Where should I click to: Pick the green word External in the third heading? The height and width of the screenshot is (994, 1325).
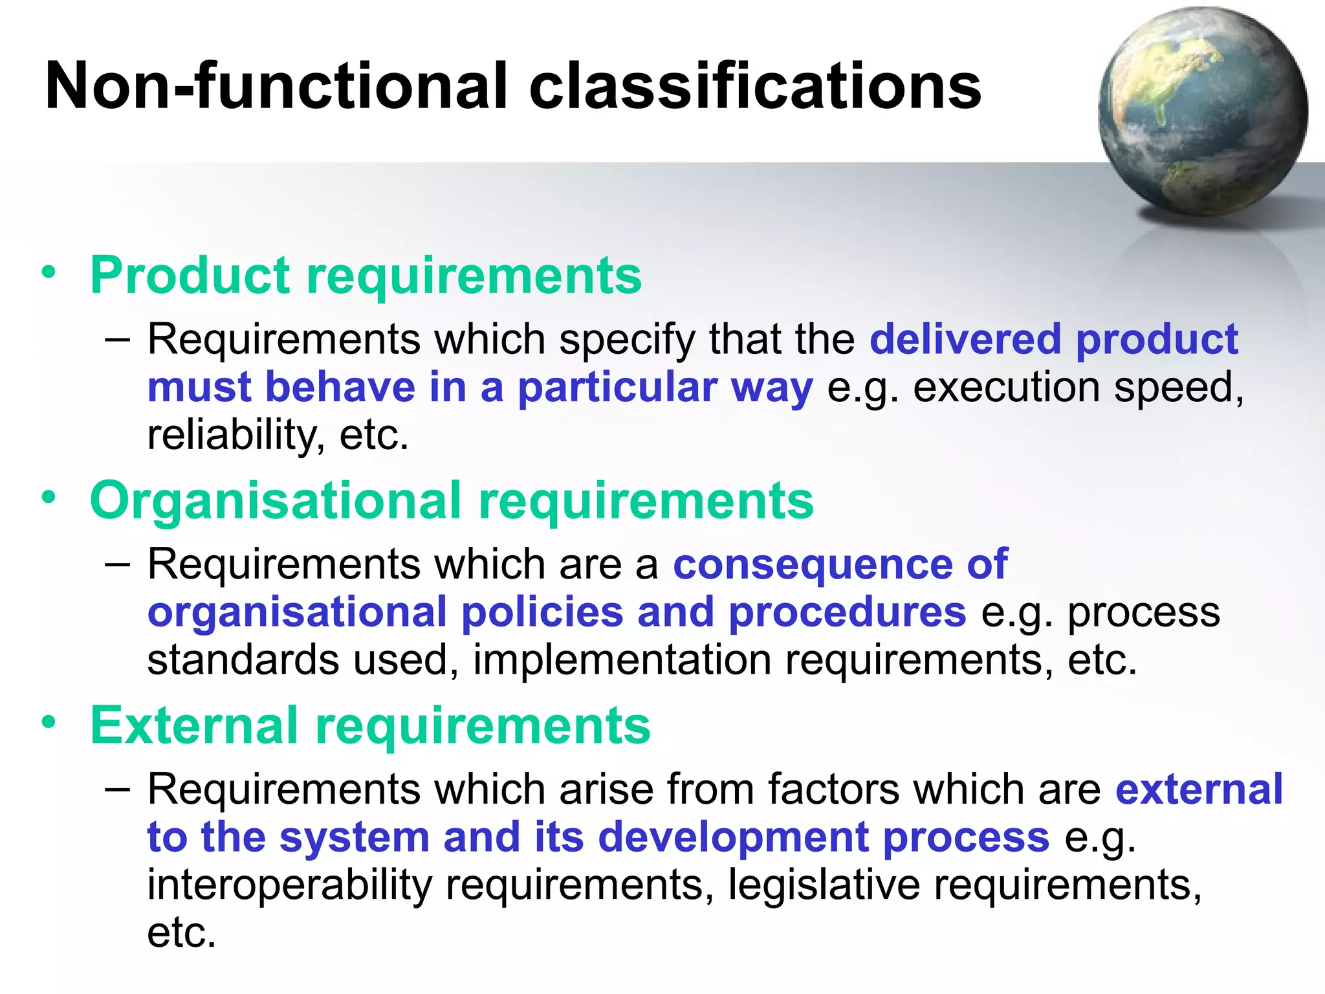click(x=194, y=725)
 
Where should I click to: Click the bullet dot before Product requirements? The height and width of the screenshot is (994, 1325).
click(x=49, y=272)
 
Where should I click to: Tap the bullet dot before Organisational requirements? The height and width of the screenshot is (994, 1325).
click(x=49, y=498)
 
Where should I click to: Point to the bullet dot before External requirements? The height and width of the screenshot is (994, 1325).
click(x=49, y=722)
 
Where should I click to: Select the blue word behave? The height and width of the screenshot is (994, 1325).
click(x=340, y=388)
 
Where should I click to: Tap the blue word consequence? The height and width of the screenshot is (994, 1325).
click(x=813, y=564)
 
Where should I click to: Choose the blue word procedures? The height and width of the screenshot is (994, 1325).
click(x=847, y=612)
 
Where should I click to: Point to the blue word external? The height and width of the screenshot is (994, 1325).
click(x=1199, y=790)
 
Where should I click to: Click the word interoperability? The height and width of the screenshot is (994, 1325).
click(x=289, y=885)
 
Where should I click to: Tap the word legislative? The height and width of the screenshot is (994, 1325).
click(x=824, y=885)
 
